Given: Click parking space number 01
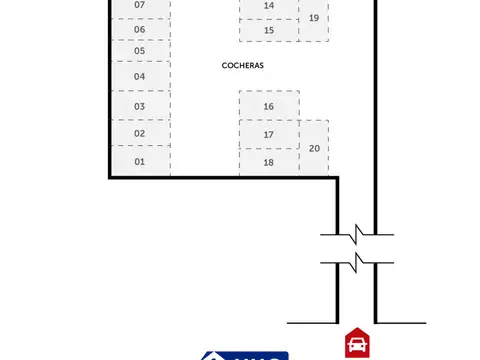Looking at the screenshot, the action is pyautogui.click(x=140, y=161).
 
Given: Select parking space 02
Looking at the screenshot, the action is pyautogui.click(x=140, y=133).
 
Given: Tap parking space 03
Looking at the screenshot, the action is pyautogui.click(x=140, y=105).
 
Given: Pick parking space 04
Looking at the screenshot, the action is pyautogui.click(x=140, y=76).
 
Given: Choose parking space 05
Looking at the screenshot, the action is pyautogui.click(x=140, y=50).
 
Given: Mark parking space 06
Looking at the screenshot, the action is pyautogui.click(x=140, y=29).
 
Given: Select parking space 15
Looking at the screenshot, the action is pyautogui.click(x=269, y=30).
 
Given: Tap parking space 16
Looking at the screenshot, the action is pyautogui.click(x=269, y=105).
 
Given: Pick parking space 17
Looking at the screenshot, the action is pyautogui.click(x=269, y=134).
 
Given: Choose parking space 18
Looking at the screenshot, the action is pyautogui.click(x=269, y=161).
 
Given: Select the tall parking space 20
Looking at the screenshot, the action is pyautogui.click(x=314, y=148).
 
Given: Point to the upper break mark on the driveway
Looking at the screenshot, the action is pyautogui.click(x=357, y=236).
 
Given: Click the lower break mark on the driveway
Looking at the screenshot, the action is pyautogui.click(x=357, y=264).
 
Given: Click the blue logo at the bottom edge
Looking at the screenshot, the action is pyautogui.click(x=246, y=355).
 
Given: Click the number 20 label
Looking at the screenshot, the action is pyautogui.click(x=315, y=148).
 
